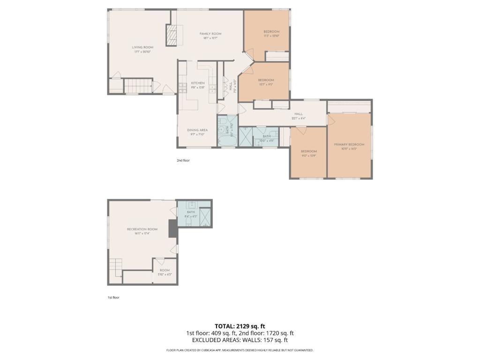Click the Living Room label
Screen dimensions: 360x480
142,47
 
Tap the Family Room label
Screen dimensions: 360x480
210,34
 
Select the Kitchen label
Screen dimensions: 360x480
197,83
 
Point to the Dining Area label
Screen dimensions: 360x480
197,130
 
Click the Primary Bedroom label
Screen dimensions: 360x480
349,144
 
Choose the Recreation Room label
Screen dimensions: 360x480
142,229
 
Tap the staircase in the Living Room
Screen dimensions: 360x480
138,86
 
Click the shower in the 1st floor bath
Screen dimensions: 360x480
205,218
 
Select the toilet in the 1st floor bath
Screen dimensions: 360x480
192,205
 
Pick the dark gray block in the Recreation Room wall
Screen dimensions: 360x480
173,229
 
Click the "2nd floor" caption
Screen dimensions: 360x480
183,160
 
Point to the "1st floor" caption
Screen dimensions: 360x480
113,297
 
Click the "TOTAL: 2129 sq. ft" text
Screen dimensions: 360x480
240,326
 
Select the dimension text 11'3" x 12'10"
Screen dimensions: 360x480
271,36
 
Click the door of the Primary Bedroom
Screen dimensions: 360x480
330,120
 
